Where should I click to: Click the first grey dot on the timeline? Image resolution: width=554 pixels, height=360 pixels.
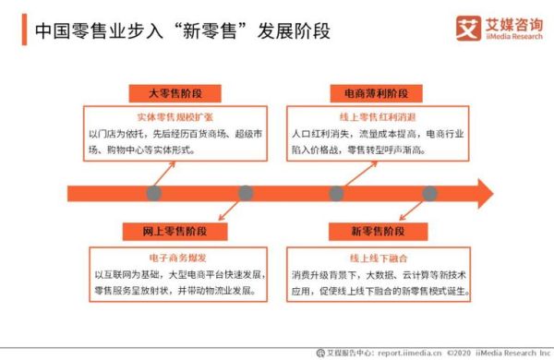click(x=153, y=193)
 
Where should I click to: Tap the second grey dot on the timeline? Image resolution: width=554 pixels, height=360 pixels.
click(x=246, y=193)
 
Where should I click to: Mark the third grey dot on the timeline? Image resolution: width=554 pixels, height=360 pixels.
click(x=337, y=193)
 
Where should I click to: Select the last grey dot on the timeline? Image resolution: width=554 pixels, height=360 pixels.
click(x=429, y=193)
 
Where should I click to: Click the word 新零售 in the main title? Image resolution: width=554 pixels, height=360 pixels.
click(x=209, y=30)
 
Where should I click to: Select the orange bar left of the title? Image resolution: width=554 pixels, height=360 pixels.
click(x=23, y=30)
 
